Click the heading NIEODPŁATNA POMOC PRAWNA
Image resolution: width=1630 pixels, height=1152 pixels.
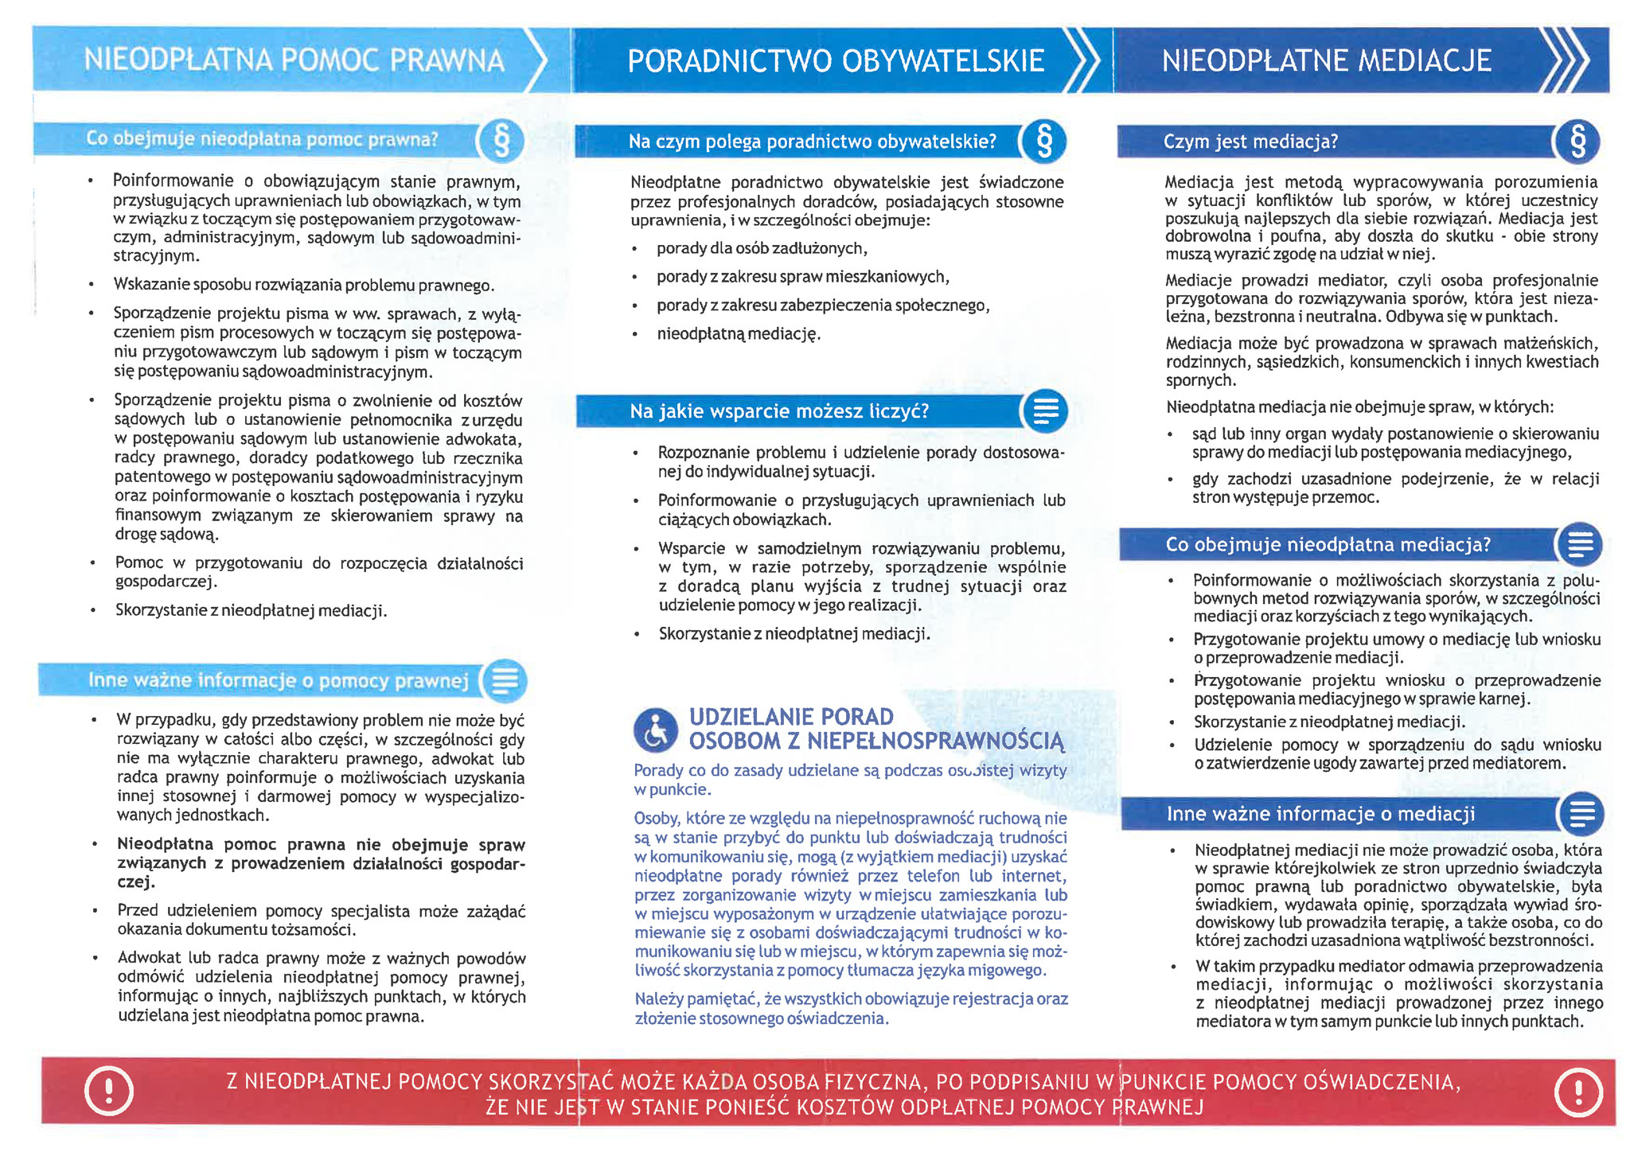(x=294, y=60)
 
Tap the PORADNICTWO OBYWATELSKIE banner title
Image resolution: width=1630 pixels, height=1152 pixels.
(x=835, y=61)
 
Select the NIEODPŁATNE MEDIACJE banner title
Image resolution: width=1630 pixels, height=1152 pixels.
(x=1326, y=60)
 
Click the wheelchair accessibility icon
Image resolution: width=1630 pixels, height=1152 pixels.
(x=655, y=730)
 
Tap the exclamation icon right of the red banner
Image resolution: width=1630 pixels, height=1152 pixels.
(x=1577, y=1092)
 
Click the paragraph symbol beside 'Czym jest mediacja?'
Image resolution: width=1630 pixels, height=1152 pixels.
(x=1577, y=142)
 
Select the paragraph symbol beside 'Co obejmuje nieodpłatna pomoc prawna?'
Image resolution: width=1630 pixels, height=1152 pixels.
(x=501, y=141)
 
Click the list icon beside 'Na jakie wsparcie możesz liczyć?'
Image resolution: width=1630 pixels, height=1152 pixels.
(x=1044, y=411)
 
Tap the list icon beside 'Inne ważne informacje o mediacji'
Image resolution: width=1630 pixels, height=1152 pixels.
(x=1581, y=813)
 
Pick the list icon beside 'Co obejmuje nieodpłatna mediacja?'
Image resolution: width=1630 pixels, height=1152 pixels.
(x=1579, y=545)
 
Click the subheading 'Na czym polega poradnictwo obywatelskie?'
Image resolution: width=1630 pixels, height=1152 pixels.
(x=812, y=142)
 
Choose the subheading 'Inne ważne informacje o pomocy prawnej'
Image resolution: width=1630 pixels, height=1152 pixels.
(x=278, y=681)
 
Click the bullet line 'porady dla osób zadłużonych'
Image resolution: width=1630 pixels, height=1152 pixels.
(x=761, y=248)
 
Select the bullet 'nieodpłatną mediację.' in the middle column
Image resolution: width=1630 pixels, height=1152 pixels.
(x=738, y=334)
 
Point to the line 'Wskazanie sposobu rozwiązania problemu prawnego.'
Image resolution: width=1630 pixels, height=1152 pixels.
(x=303, y=285)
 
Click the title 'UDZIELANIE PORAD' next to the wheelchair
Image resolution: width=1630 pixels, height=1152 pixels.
(x=791, y=717)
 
